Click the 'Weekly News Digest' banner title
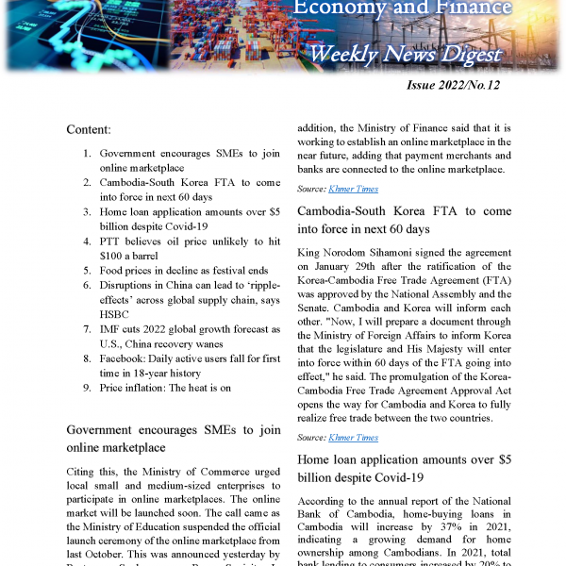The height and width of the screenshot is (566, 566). click(406, 54)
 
